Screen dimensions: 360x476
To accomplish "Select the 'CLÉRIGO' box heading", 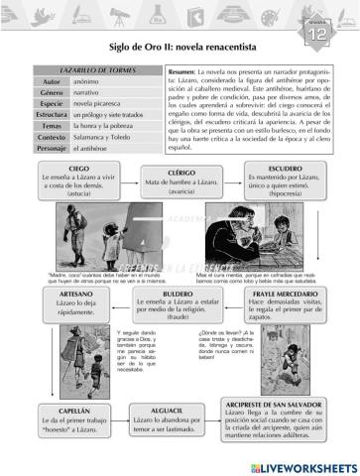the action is tap(181, 171).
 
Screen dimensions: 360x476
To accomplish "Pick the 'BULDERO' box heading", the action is tap(180, 295).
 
